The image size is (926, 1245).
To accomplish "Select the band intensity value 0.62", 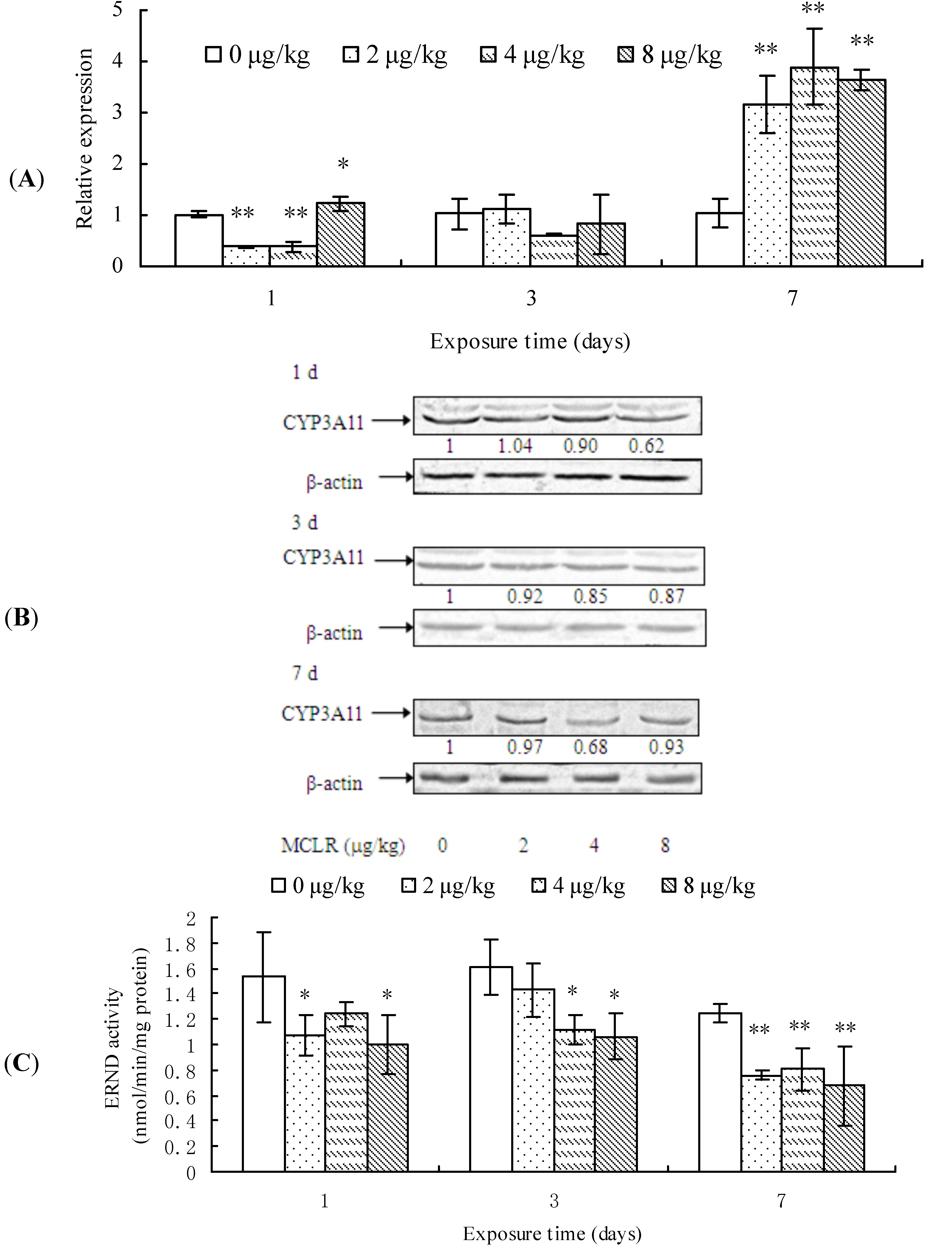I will (646, 446).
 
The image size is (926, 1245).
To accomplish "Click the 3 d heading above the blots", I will (304, 522).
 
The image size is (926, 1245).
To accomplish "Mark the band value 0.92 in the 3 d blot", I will (525, 596).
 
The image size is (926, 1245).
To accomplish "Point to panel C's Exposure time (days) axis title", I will (552, 1233).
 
